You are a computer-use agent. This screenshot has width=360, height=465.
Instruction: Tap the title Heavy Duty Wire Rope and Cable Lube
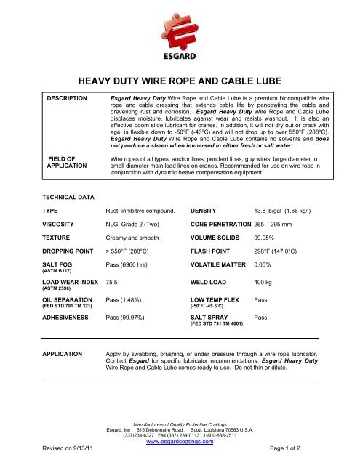[x=180, y=84]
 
